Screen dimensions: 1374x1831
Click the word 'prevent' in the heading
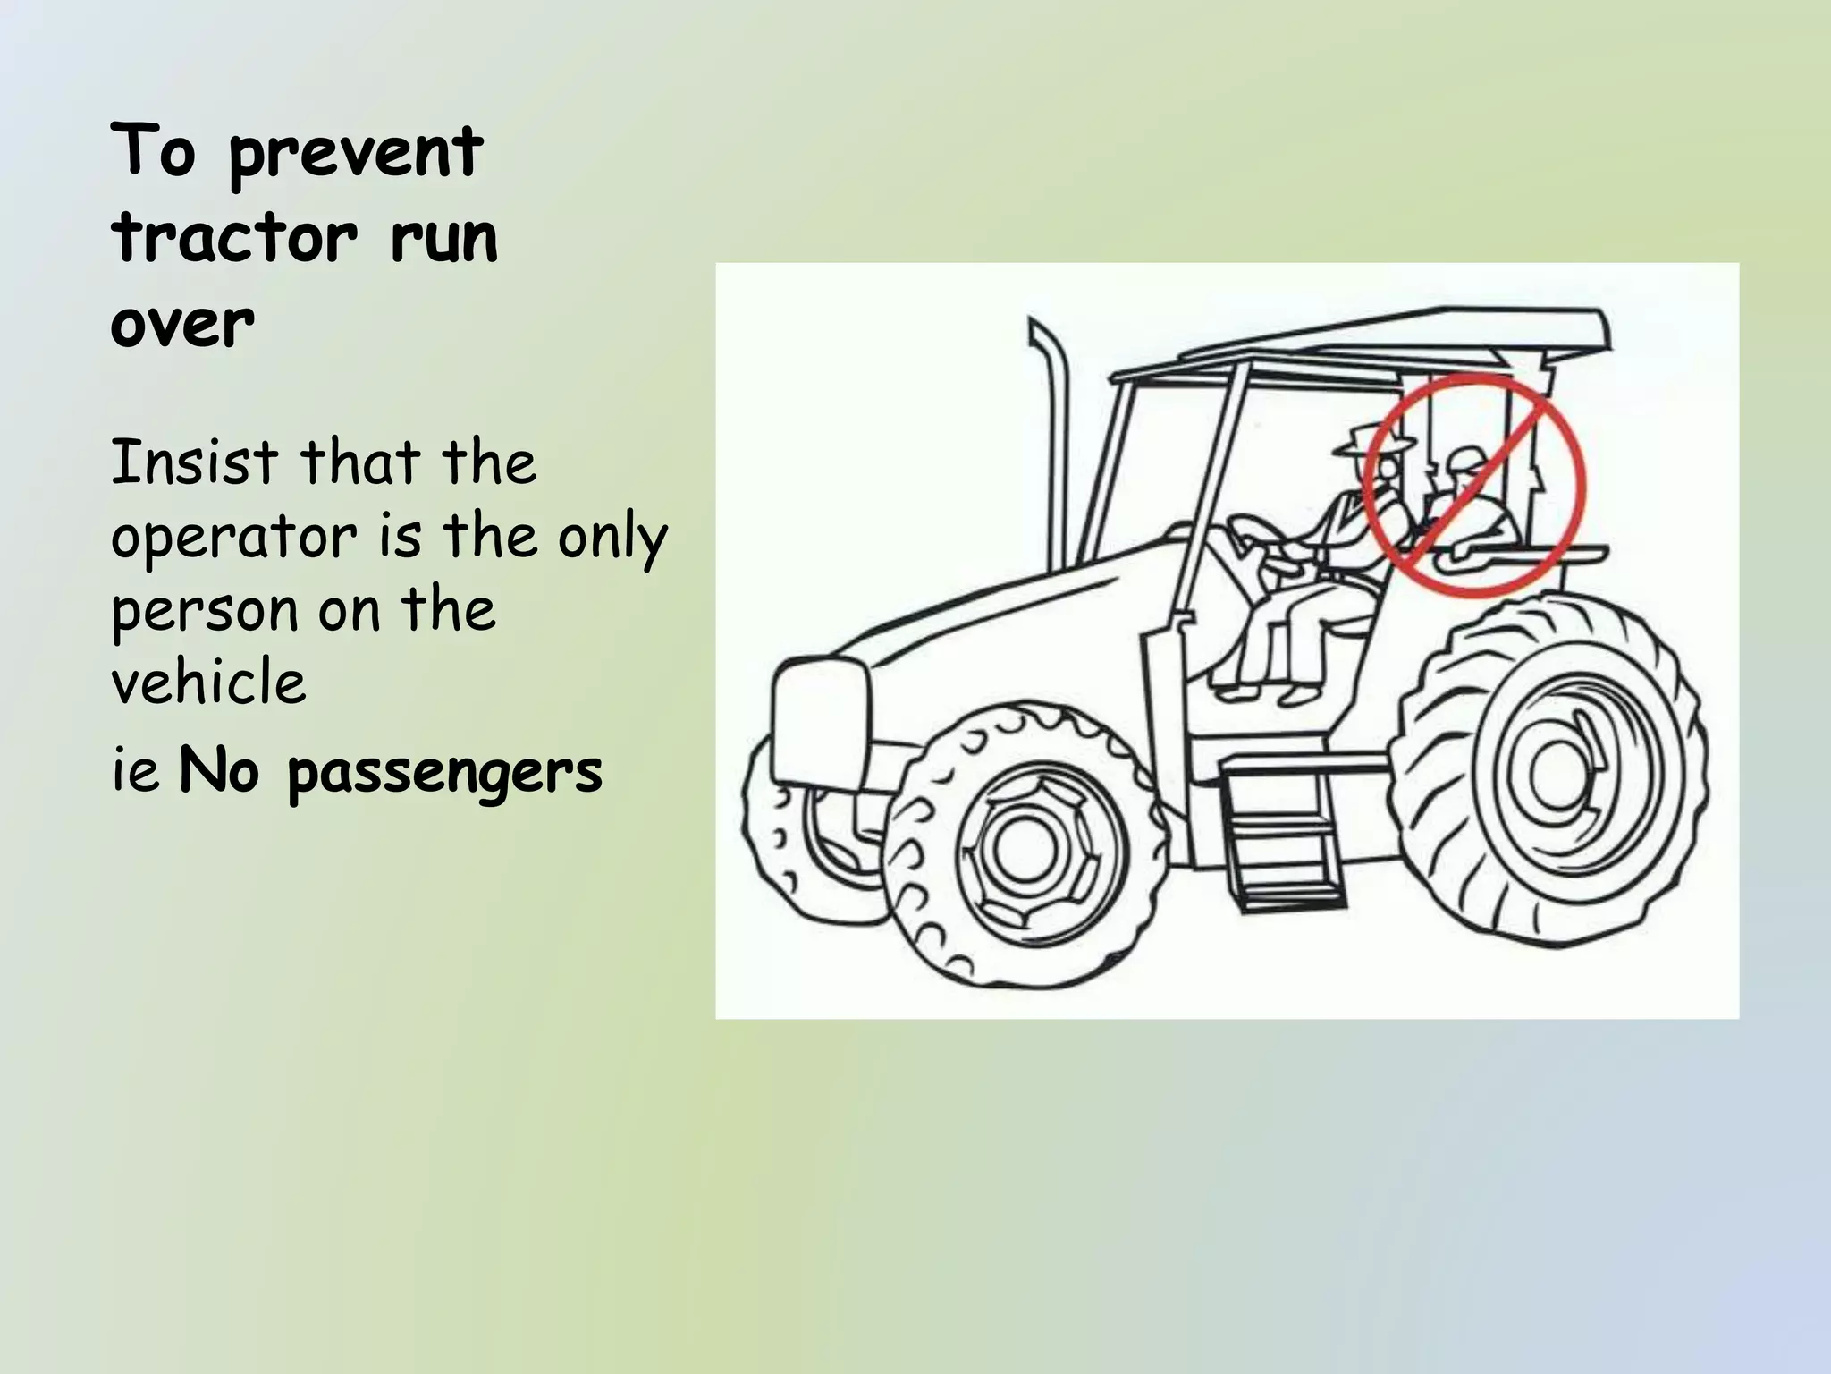point(356,154)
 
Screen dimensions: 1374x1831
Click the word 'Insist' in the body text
point(194,462)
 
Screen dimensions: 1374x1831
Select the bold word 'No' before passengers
point(219,771)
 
